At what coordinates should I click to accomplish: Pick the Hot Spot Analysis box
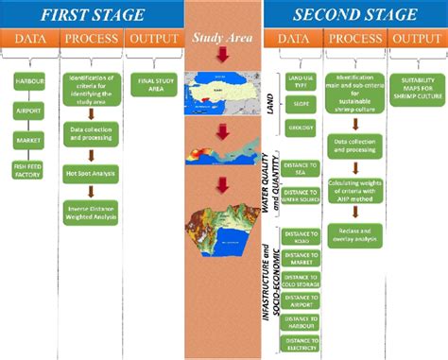pos(90,174)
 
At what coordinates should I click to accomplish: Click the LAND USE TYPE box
pos(298,82)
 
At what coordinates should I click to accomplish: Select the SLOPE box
pos(298,107)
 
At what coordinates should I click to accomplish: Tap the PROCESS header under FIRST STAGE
pos(90,39)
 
